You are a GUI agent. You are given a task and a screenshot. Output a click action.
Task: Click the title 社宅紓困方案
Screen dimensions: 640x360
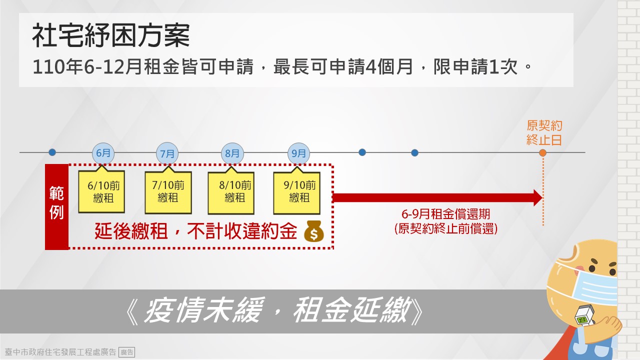tap(111, 35)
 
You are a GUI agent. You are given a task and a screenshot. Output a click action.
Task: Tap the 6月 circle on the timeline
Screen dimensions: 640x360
tap(103, 153)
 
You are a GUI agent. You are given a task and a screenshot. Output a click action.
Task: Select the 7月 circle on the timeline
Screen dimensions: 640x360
tap(167, 153)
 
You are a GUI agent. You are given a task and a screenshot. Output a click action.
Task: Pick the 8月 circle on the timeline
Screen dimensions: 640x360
tap(232, 153)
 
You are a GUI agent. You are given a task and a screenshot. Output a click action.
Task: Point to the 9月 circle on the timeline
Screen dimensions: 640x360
tap(298, 153)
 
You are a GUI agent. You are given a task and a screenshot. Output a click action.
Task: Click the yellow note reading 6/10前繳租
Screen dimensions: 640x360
tap(101, 191)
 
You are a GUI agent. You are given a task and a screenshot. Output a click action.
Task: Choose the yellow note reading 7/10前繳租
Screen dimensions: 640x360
tap(168, 192)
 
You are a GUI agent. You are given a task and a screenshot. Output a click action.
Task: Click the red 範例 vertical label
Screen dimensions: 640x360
tap(56, 207)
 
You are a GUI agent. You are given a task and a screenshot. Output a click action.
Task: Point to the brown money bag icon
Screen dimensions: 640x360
tap(313, 231)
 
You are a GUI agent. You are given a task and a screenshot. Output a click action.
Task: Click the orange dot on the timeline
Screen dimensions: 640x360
tap(542, 153)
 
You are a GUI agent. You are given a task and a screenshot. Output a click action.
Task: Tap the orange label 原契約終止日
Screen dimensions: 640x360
tap(544, 133)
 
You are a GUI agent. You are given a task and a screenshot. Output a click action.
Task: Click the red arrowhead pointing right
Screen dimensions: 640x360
tap(537, 197)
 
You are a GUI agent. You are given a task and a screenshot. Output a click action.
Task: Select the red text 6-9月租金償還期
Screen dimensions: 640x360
tap(445, 214)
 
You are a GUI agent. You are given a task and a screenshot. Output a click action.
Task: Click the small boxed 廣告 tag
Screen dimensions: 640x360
tap(126, 352)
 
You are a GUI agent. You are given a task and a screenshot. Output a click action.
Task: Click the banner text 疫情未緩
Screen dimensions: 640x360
tap(203, 310)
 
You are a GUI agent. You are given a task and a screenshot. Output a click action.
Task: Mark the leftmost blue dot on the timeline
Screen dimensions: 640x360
tap(52, 152)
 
